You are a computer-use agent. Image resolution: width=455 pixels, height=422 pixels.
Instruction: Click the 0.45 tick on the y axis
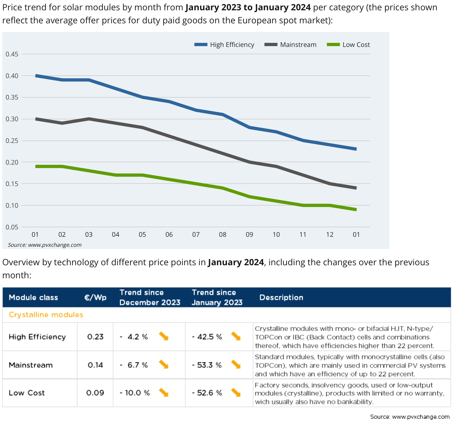[x=12, y=54]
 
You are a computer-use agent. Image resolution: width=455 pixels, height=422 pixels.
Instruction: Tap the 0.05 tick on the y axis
[x=12, y=227]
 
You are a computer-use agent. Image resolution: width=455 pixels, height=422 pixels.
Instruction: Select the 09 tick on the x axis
[x=249, y=235]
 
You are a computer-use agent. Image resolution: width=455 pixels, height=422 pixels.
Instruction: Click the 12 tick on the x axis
[x=330, y=235]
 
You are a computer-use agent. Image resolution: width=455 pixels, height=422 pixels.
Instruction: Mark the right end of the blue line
[x=356, y=149]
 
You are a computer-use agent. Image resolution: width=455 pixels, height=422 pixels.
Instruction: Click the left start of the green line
[x=36, y=166]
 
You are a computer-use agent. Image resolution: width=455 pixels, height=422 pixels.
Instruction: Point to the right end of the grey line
[x=356, y=188]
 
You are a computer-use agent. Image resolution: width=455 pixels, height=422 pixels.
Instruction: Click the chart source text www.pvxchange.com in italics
[x=45, y=245]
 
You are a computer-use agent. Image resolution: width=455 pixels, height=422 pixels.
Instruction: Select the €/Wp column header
[x=95, y=298]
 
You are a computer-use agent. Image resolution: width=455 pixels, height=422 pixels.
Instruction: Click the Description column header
[x=281, y=298]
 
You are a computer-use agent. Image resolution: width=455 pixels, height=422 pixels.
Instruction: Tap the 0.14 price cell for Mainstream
[x=95, y=365]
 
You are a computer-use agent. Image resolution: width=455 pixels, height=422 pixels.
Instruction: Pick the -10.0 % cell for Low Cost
[x=135, y=393]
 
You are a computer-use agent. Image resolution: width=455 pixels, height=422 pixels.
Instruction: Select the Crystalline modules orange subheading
[x=46, y=315]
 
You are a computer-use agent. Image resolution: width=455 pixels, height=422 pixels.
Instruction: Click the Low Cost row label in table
[x=27, y=393]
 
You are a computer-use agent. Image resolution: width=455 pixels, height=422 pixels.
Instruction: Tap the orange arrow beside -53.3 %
[x=236, y=365]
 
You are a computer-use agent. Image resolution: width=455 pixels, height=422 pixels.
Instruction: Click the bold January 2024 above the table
[x=236, y=262]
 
